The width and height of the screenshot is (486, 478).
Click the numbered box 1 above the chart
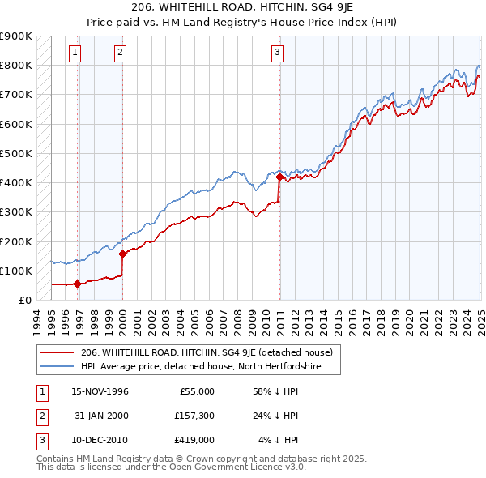coord(75,53)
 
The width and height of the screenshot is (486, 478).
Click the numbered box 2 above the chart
coord(120,53)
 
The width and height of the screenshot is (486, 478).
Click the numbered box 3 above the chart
coord(277,53)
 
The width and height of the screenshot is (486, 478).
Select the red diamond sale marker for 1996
coord(77,284)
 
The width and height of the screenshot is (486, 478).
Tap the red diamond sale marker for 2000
coord(122,254)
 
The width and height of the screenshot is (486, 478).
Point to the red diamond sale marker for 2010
coord(279,177)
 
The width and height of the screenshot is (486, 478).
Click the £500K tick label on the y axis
coord(15,153)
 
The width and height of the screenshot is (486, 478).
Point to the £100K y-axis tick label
coord(15,271)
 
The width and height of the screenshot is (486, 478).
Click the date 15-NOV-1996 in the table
coord(100,391)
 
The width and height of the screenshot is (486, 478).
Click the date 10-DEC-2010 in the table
coord(100,441)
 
